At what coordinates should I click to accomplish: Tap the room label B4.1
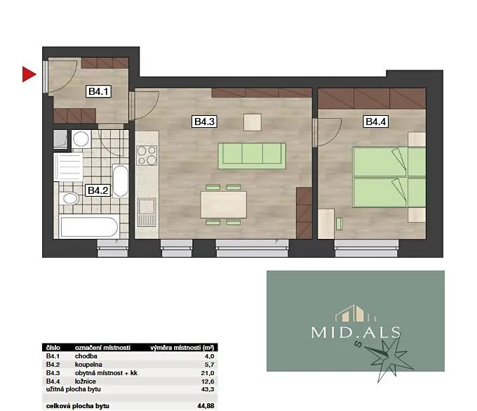point(98,91)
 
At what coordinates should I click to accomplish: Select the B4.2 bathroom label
point(98,190)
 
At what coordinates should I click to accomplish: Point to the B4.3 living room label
point(204,122)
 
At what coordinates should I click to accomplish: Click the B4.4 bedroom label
point(376,122)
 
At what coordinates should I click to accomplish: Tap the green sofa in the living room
point(252,156)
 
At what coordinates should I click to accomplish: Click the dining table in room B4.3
point(224,204)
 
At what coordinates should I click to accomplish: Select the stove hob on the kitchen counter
point(147,155)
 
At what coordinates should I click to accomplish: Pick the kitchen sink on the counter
point(147,212)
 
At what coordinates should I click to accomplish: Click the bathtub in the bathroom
point(89,227)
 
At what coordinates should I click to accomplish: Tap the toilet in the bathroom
point(69,199)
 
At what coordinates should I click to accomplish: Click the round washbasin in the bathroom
point(81,139)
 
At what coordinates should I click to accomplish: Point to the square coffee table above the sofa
point(253,122)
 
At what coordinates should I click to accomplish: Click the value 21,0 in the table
point(208,373)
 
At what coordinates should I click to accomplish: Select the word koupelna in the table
point(88,365)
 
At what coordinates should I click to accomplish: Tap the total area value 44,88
point(206,406)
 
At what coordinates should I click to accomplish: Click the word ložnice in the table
point(85,381)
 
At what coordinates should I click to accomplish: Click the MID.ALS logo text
point(356,332)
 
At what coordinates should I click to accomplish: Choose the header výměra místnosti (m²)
point(182,348)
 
